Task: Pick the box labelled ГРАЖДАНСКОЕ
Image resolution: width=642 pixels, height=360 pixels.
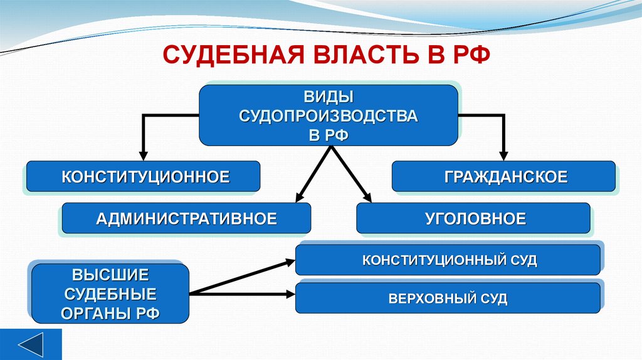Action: tap(505, 177)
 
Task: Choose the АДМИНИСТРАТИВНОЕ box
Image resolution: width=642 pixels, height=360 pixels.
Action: tap(186, 219)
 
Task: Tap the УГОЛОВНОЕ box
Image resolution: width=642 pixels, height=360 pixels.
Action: tap(475, 219)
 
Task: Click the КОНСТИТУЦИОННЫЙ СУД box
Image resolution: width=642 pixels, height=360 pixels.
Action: tap(449, 260)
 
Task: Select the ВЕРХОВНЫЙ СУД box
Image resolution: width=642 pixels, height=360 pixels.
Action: tap(449, 299)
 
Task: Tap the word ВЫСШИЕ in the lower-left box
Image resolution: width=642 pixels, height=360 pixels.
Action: tap(110, 275)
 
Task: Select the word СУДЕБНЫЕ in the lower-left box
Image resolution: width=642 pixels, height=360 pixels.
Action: tap(110, 294)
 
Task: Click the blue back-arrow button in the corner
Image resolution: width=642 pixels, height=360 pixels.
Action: tap(31, 345)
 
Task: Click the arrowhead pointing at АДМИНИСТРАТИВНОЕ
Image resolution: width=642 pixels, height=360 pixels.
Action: tap(299, 196)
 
